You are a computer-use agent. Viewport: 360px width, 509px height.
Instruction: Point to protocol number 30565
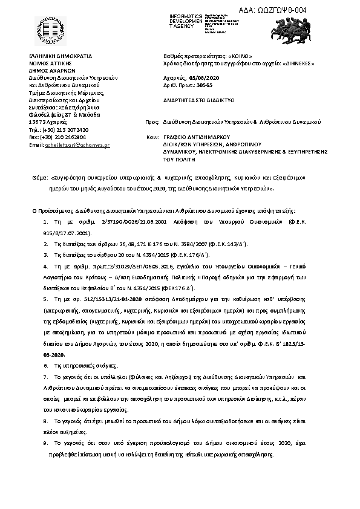[205, 85]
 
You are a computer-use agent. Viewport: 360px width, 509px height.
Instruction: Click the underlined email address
[78, 144]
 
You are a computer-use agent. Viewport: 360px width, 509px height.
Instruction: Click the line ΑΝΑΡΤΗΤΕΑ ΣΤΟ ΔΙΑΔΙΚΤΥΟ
[198, 101]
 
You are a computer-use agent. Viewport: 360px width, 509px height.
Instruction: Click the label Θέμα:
[39, 180]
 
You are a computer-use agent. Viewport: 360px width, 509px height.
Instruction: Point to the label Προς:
[152, 122]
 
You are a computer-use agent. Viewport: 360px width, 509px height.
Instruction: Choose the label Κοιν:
[152, 137]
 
